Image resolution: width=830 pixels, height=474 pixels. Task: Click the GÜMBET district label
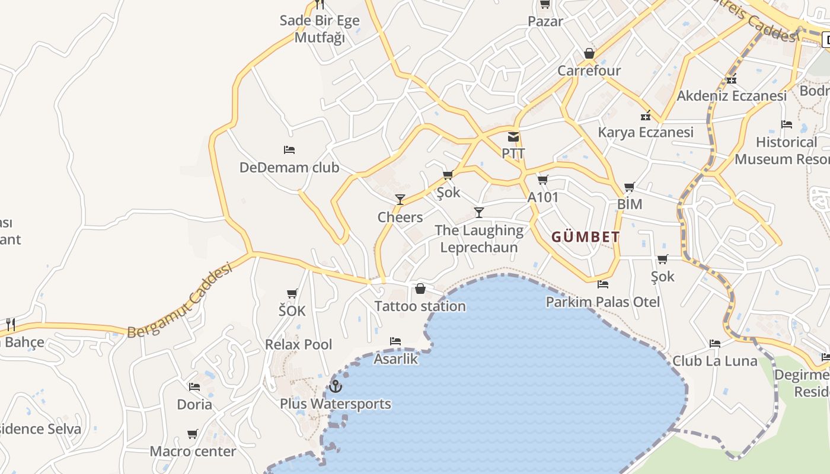pos(586,237)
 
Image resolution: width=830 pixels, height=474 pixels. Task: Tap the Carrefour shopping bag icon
pos(589,54)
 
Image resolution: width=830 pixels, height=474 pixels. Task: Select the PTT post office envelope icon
pos(513,137)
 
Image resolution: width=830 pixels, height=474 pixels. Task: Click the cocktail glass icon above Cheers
pos(400,200)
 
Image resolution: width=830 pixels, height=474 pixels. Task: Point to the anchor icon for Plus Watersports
pos(336,386)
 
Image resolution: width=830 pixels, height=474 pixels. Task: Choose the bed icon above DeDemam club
pos(289,150)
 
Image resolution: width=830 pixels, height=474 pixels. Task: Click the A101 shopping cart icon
pos(542,180)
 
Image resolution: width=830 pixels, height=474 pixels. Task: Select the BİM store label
pos(629,204)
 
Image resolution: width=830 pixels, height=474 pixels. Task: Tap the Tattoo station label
pos(420,306)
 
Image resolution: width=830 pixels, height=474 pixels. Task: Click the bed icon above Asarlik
pos(395,341)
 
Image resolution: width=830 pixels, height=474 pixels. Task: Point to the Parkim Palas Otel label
pos(602,302)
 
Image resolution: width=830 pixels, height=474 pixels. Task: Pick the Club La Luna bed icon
pos(715,344)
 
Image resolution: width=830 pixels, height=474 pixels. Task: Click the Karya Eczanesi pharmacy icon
pos(646,116)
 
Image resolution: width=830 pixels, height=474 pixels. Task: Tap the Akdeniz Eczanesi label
pos(732,96)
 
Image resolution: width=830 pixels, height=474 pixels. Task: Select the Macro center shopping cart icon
pos(193,434)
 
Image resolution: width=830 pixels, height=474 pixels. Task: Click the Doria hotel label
pos(194,405)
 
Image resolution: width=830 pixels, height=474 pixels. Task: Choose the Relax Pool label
pos(298,345)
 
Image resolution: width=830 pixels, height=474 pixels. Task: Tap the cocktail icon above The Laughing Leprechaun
pos(479,213)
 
